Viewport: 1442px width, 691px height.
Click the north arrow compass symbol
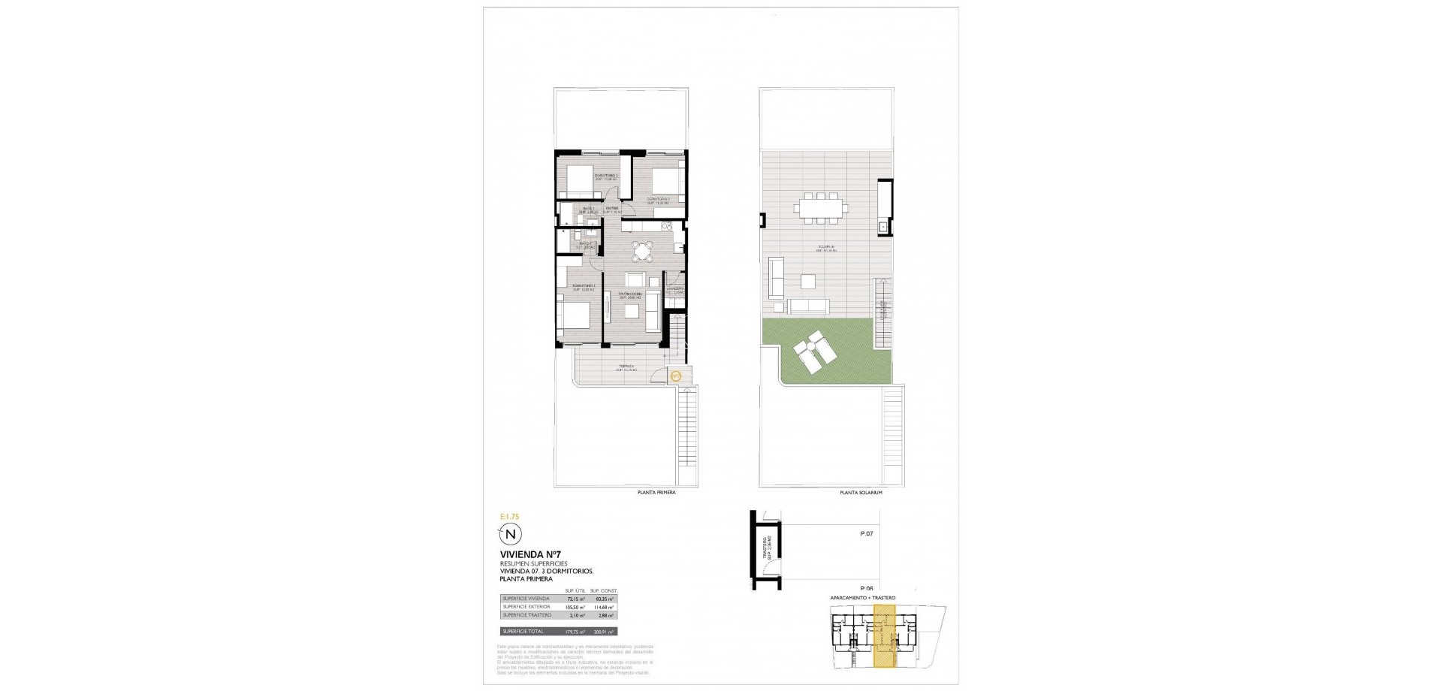[511, 535]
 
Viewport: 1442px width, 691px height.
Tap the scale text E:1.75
[510, 517]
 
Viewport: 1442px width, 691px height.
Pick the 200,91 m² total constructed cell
[605, 632]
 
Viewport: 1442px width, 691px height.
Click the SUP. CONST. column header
[604, 590]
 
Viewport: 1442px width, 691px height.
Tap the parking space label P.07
[866, 534]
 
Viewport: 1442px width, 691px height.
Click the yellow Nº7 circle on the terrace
[675, 376]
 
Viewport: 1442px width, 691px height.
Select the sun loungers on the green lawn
[812, 353]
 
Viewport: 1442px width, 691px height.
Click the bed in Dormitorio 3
[581, 180]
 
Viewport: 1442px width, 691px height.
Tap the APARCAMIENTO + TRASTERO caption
[862, 598]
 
